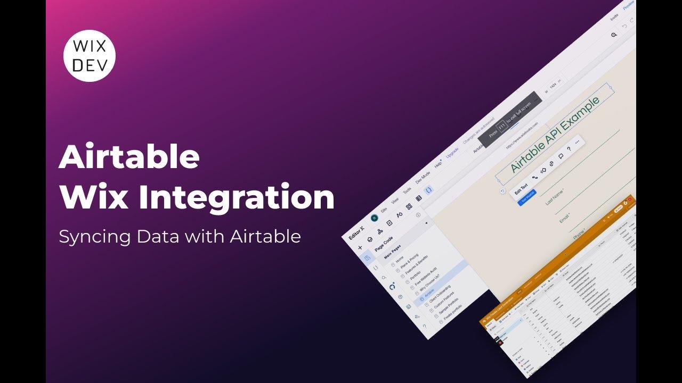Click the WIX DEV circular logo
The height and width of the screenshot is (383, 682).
(90, 55)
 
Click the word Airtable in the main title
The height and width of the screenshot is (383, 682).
(129, 157)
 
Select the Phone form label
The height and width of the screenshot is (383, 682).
(579, 234)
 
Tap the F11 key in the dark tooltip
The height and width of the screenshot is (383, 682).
(501, 125)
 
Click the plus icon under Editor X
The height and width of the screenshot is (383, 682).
(360, 247)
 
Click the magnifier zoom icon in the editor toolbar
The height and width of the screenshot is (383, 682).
(614, 35)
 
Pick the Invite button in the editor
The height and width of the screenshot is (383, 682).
(614, 16)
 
